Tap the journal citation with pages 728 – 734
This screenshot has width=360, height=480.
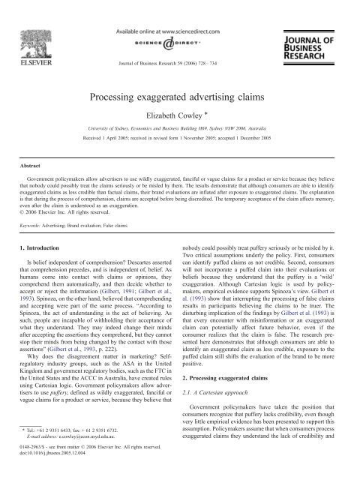[180, 53]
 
